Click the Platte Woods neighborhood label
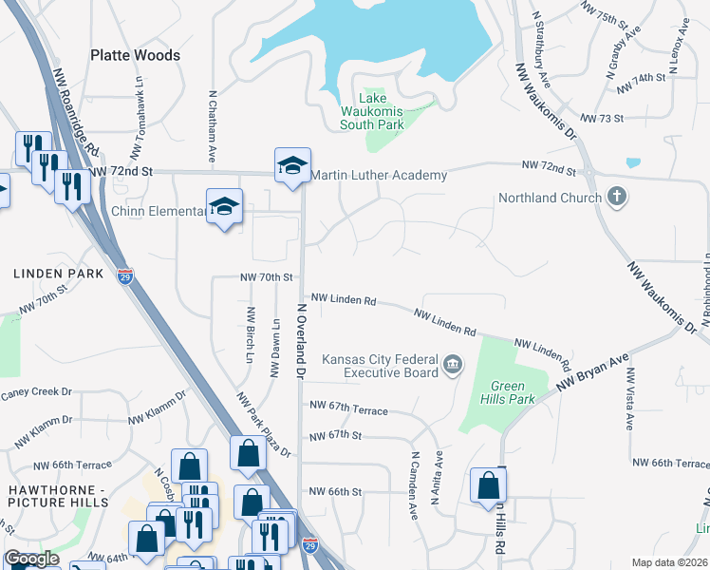(135, 55)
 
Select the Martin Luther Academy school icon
(293, 166)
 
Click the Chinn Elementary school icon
(225, 206)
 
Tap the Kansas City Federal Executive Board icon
(453, 365)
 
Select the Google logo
(32, 559)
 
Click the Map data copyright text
(669, 562)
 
